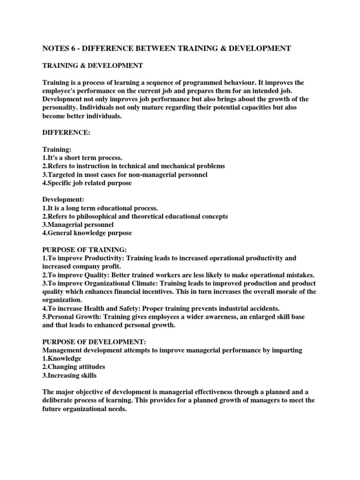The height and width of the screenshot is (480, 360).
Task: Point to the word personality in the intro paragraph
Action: (62, 108)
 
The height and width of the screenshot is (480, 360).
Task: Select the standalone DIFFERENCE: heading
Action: (66, 133)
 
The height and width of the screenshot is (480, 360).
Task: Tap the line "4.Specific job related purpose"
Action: (87, 183)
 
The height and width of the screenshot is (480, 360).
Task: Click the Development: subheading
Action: (64, 199)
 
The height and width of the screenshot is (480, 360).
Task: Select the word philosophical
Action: (99, 216)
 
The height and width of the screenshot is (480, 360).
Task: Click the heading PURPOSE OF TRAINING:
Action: (84, 250)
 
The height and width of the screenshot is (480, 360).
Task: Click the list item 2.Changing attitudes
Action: (74, 367)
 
